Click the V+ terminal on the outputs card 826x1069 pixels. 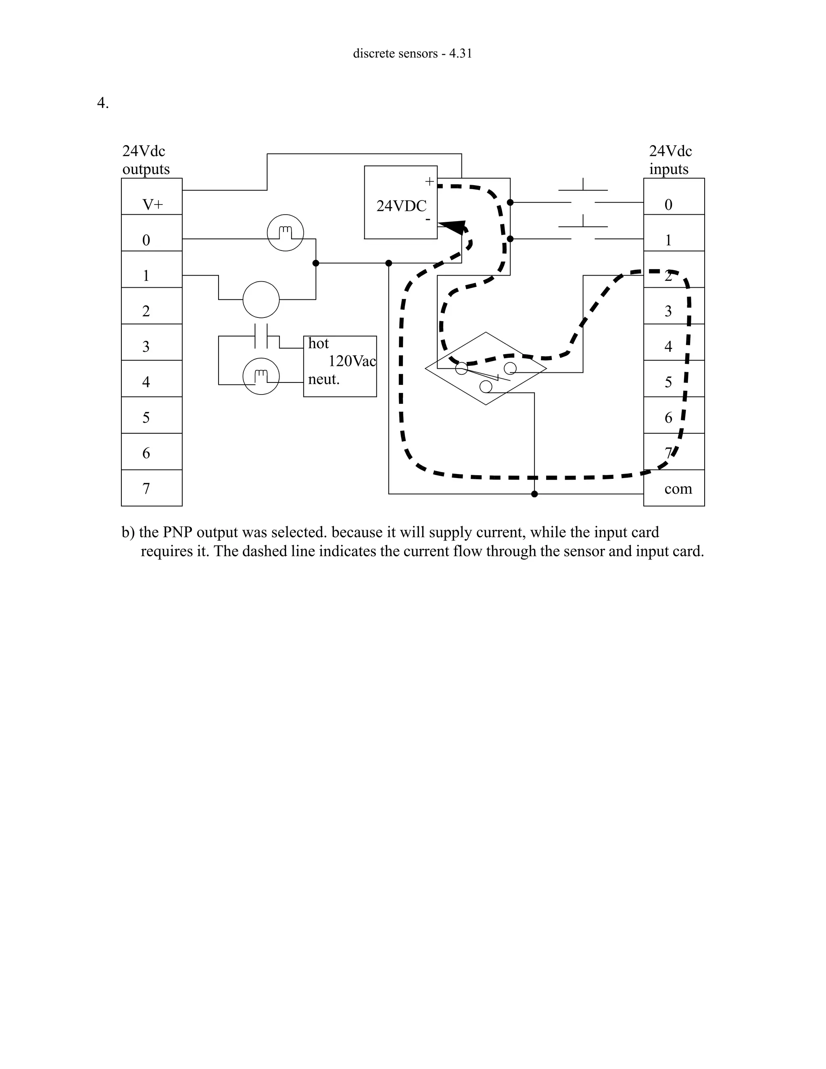click(x=152, y=205)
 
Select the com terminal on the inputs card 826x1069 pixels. click(x=678, y=489)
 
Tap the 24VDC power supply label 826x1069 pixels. click(x=401, y=206)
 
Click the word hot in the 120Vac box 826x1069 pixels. click(x=319, y=344)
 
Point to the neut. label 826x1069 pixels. click(x=323, y=379)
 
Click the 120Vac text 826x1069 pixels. click(x=352, y=361)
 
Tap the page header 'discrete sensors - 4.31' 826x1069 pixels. click(x=413, y=53)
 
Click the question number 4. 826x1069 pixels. click(x=103, y=103)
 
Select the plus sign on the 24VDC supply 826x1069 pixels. click(x=429, y=182)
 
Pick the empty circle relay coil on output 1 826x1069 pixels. click(x=261, y=300)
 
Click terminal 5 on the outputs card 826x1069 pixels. click(x=146, y=418)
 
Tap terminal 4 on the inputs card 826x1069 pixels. click(x=668, y=347)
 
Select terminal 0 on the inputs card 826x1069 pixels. click(x=668, y=205)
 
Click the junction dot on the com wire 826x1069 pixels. click(x=534, y=494)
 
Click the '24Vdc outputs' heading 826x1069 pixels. click(x=146, y=160)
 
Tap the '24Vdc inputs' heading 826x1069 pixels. click(x=670, y=160)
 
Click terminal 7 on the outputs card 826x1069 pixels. click(x=146, y=489)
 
